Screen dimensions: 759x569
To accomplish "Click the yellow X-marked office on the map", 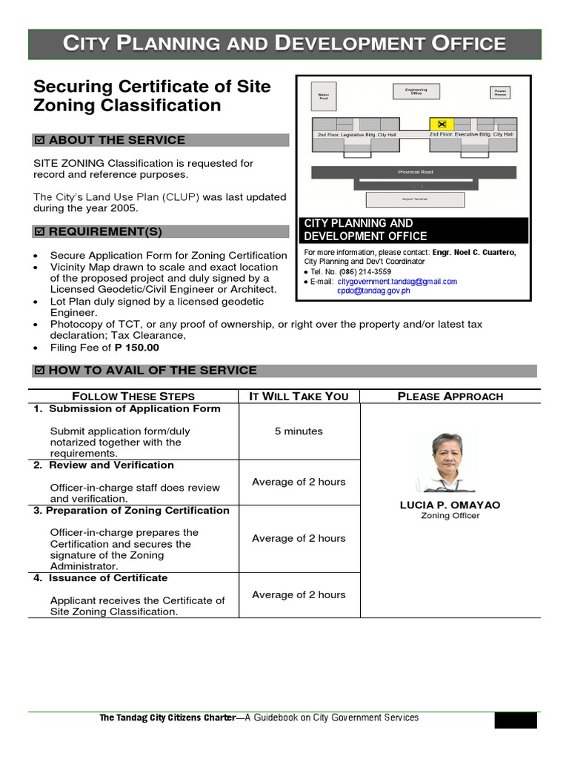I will (442, 123).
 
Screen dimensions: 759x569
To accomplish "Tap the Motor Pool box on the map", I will (323, 96).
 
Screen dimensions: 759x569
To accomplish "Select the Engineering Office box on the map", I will (415, 92).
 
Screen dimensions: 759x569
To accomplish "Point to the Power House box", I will (501, 93).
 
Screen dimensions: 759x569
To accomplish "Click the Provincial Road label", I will (415, 172).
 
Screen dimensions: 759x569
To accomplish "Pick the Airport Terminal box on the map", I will (415, 199).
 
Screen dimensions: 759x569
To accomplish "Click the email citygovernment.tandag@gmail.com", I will (397, 282).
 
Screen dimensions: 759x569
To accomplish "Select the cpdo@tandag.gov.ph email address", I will (373, 291).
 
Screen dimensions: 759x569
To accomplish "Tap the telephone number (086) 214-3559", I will (366, 272).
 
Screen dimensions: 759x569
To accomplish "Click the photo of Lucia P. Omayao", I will (450, 463).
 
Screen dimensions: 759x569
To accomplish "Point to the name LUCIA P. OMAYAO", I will (450, 505).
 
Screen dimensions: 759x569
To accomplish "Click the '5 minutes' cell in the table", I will (299, 431).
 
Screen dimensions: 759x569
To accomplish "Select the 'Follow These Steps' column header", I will (133, 397).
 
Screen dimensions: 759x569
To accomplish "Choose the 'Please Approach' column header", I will (450, 397).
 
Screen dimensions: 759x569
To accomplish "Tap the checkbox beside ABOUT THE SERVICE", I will (40, 141).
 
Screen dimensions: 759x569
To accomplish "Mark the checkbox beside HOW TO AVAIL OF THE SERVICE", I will (40, 371).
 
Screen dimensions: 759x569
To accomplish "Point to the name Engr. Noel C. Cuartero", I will (474, 253).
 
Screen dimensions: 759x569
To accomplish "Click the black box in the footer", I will (517, 720).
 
